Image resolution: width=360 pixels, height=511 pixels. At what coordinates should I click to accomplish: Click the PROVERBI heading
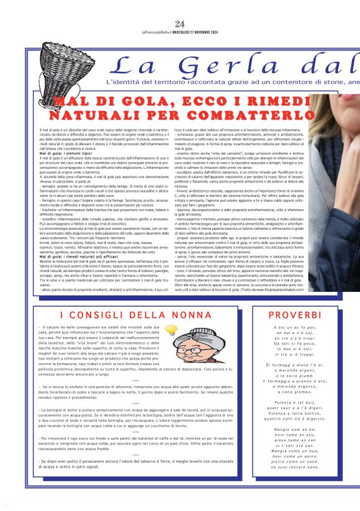point(295,315)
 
